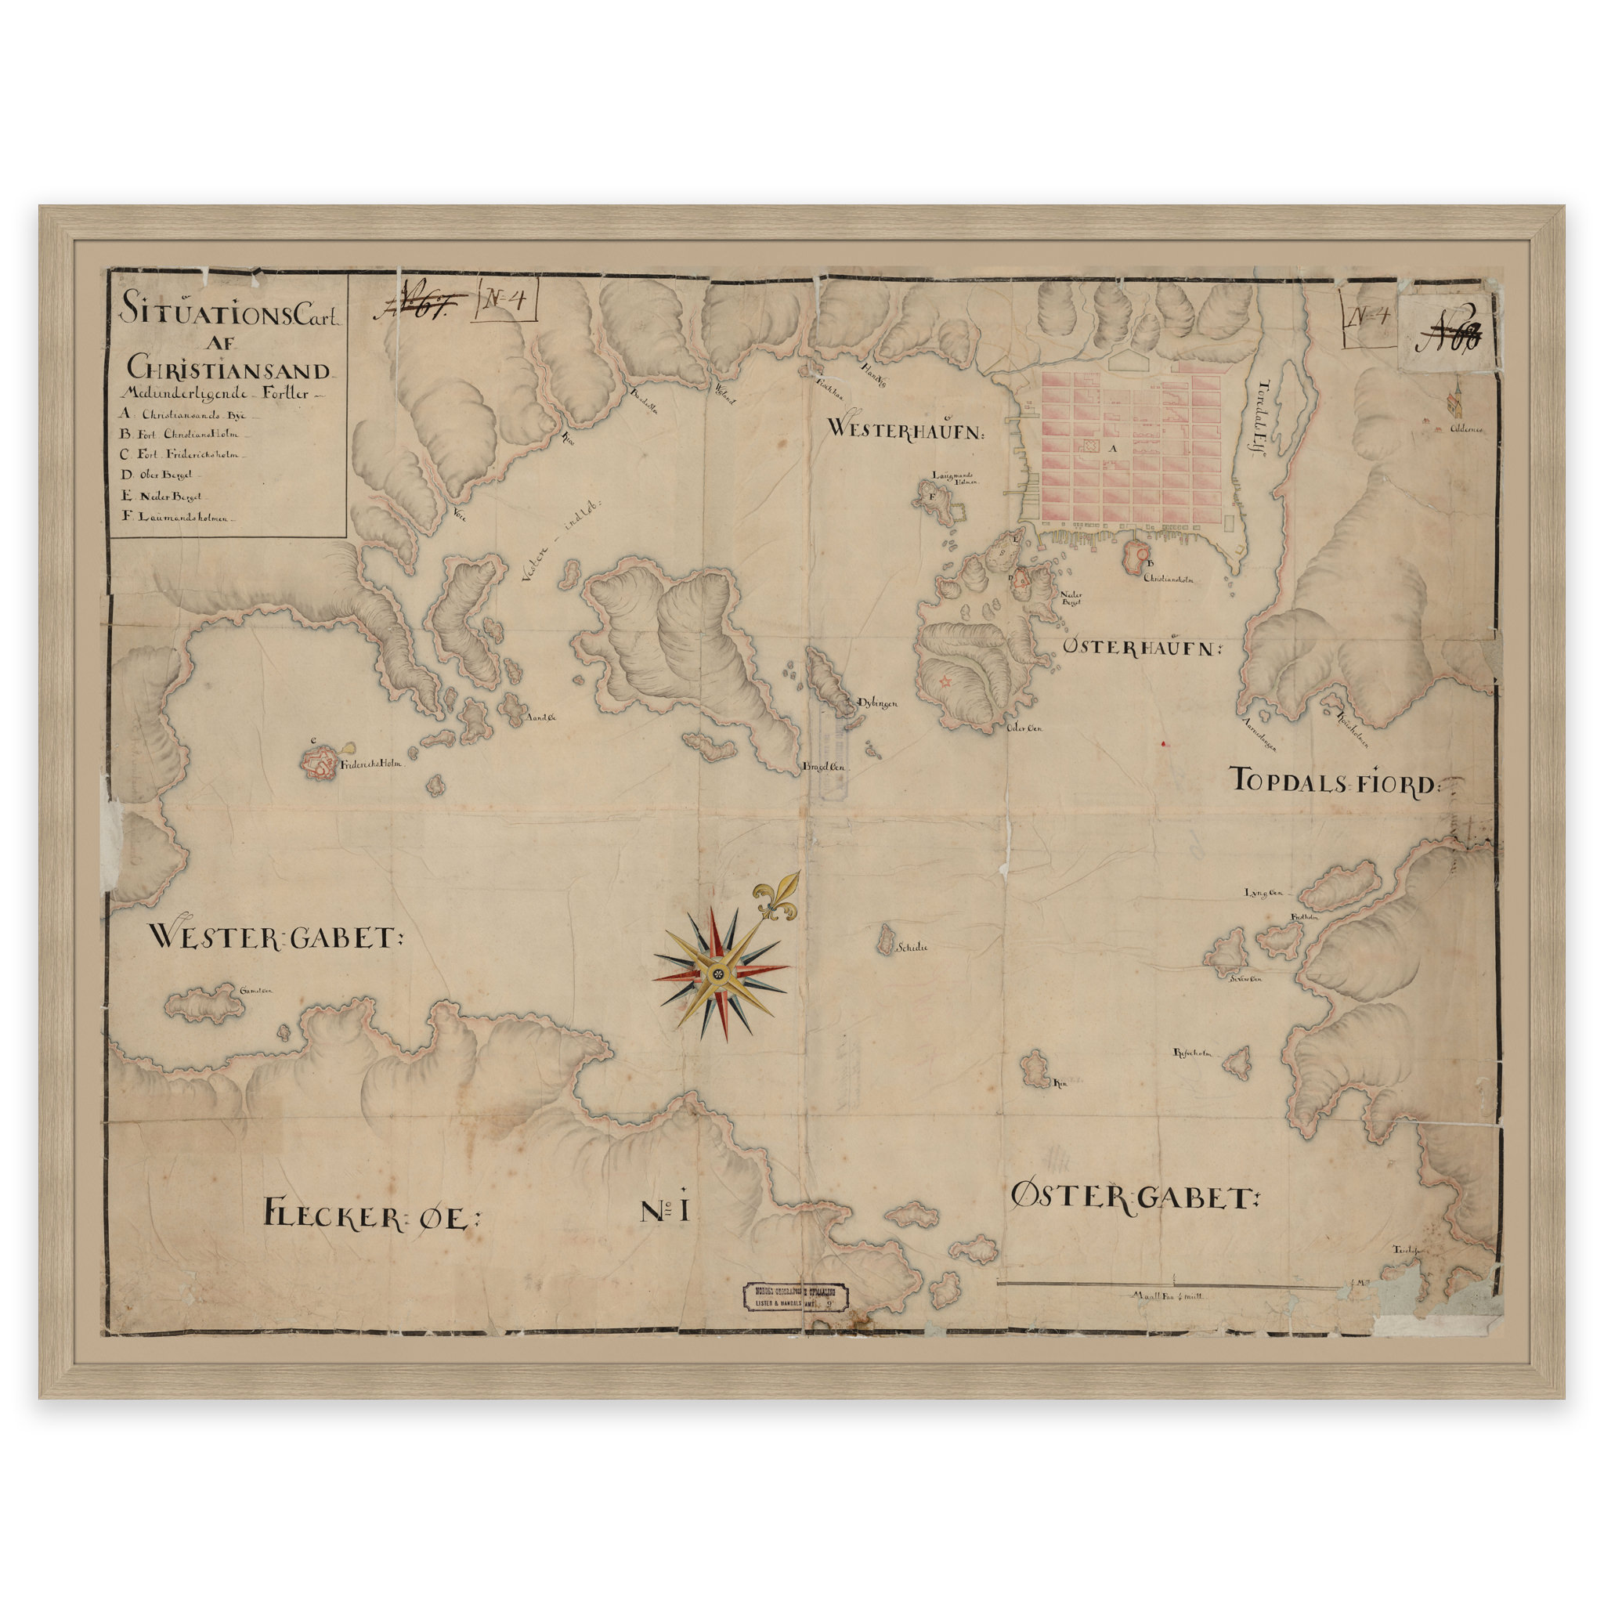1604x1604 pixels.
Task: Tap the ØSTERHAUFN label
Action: point(1142,647)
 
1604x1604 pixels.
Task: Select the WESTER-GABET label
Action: point(274,938)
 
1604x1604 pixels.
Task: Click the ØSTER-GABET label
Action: point(1134,1198)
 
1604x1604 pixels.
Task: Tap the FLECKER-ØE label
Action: point(371,1216)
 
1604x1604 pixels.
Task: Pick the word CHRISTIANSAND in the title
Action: point(229,369)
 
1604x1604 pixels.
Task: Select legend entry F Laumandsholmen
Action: point(178,515)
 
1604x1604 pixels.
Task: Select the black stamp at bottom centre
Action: point(797,1298)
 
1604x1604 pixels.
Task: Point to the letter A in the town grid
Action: point(1114,448)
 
